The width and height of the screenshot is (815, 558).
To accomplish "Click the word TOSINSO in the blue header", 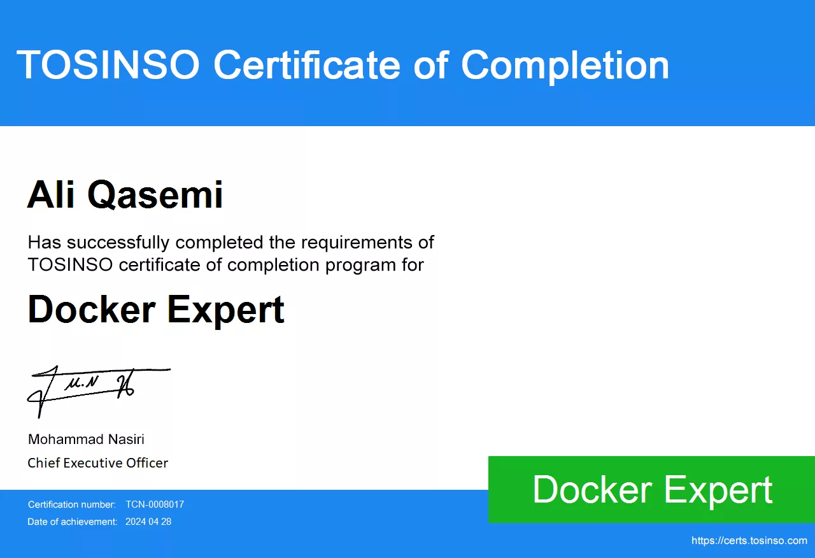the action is [108, 64].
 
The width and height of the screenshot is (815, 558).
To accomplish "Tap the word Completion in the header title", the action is [565, 67].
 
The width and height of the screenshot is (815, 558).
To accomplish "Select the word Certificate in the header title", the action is [307, 64].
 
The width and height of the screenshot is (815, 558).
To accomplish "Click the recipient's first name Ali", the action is [51, 194].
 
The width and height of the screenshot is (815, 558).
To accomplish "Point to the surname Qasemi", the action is [155, 195].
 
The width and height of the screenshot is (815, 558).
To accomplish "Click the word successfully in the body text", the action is [118, 243].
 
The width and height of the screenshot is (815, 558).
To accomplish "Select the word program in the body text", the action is [360, 266].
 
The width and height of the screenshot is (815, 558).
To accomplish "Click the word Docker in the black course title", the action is [92, 309].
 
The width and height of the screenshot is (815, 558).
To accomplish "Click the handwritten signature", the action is [99, 391].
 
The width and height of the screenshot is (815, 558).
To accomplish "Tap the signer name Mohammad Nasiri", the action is [86, 440].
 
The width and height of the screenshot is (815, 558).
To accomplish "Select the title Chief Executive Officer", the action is [97, 463].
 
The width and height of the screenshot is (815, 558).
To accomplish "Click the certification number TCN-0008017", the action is [155, 504].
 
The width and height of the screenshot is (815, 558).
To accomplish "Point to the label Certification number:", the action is [72, 504].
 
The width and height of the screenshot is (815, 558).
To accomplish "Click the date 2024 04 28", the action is [148, 522].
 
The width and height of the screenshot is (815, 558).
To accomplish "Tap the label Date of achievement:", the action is [73, 522].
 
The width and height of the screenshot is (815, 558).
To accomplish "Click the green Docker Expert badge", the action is [651, 489].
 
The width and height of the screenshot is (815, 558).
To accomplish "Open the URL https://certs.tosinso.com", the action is [749, 541].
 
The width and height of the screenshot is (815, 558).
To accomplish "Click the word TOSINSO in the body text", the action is [70, 264].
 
